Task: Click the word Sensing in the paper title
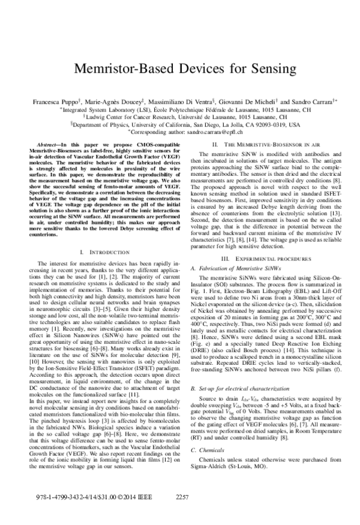[260, 68]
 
